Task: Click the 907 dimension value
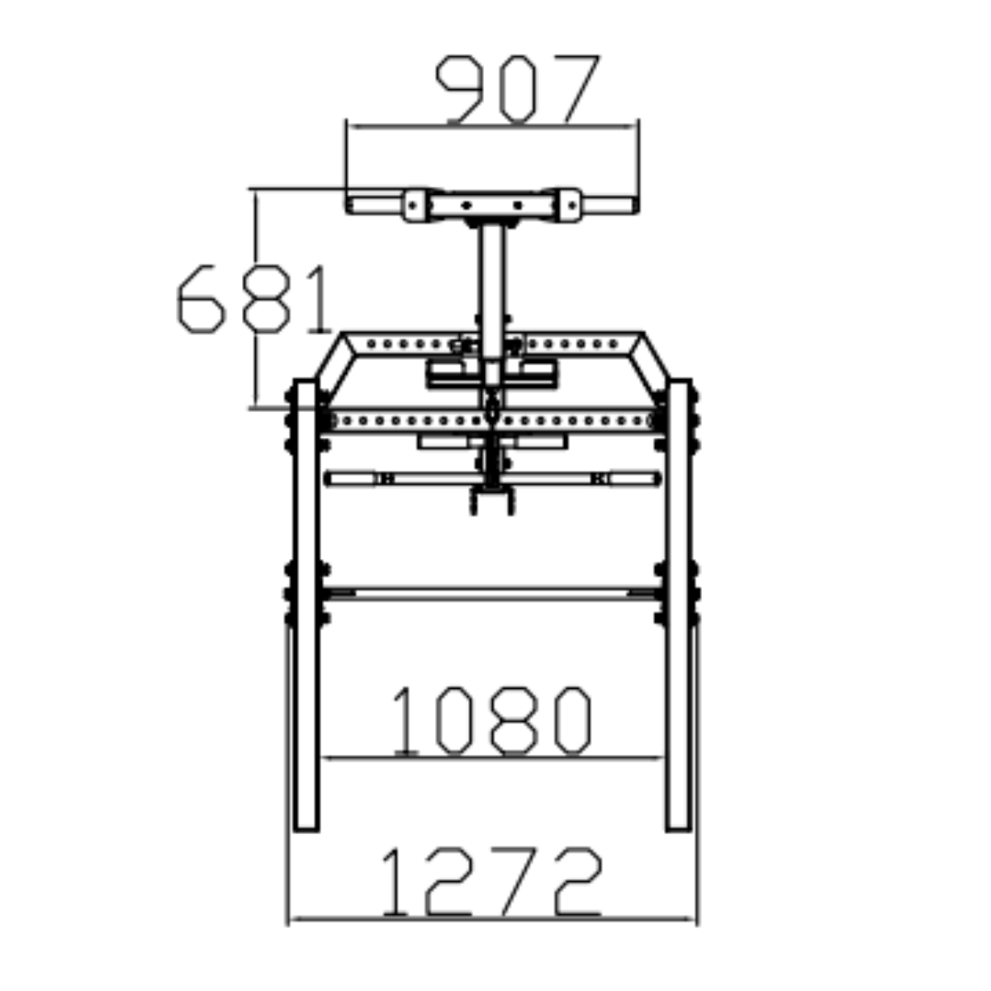(x=517, y=88)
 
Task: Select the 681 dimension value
(x=254, y=299)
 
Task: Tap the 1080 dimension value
(x=492, y=720)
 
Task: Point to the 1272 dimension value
(x=492, y=881)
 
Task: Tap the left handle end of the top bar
(x=374, y=205)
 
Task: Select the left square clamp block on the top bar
(x=415, y=205)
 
